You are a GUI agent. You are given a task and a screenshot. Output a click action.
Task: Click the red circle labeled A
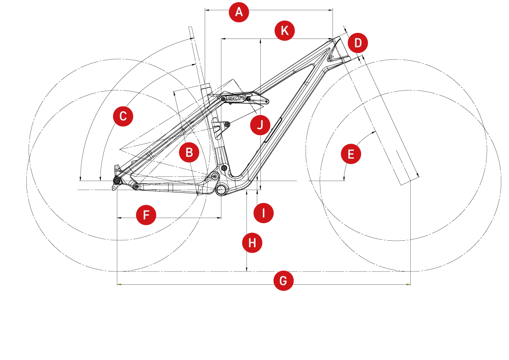pyautogui.click(x=239, y=12)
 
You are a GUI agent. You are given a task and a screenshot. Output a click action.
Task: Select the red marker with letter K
pyautogui.click(x=285, y=31)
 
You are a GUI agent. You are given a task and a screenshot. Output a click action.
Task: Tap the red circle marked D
pyautogui.click(x=358, y=43)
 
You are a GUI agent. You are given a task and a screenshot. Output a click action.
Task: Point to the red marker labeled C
pyautogui.click(x=123, y=116)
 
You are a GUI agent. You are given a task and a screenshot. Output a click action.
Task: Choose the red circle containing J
pyautogui.click(x=260, y=125)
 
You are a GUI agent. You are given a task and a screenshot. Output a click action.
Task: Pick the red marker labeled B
pyautogui.click(x=189, y=153)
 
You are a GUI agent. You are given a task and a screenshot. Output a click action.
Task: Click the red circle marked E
pyautogui.click(x=351, y=154)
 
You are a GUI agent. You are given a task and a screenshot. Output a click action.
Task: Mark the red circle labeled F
pyautogui.click(x=146, y=215)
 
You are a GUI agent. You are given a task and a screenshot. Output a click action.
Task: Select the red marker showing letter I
pyautogui.click(x=263, y=213)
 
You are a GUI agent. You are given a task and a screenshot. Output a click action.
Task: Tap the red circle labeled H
pyautogui.click(x=252, y=243)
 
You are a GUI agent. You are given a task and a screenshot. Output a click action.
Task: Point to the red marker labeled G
pyautogui.click(x=283, y=280)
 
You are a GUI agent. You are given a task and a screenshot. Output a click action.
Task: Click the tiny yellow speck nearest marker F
pyautogui.click(x=120, y=284)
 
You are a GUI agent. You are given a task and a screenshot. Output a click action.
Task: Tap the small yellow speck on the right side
pyautogui.click(x=408, y=285)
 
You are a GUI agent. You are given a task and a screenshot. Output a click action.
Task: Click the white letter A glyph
pyautogui.click(x=239, y=12)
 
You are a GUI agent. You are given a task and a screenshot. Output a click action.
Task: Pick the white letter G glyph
pyautogui.click(x=283, y=280)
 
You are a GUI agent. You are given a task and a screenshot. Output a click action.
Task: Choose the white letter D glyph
pyautogui.click(x=358, y=43)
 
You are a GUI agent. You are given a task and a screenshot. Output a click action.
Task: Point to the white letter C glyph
pyautogui.click(x=123, y=116)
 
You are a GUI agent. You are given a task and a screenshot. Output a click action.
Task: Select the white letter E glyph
pyautogui.click(x=351, y=154)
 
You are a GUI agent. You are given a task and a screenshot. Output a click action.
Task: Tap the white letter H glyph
pyautogui.click(x=252, y=243)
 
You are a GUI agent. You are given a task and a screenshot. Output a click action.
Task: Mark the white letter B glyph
pyautogui.click(x=189, y=153)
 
